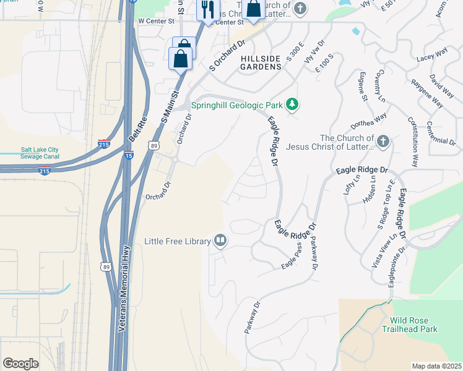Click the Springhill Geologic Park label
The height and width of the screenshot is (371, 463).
pos(236,105)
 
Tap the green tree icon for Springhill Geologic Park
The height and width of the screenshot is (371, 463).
pos(292,105)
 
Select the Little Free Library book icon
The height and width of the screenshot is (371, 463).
pos(220,241)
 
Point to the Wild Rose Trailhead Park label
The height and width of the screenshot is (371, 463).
pos(413,325)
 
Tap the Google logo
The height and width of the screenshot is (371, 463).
pos(20,364)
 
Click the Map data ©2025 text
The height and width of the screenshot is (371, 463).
pos(436,366)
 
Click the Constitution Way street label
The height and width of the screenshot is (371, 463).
pos(412,143)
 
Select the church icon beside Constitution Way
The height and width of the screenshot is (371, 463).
pos(383,142)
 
